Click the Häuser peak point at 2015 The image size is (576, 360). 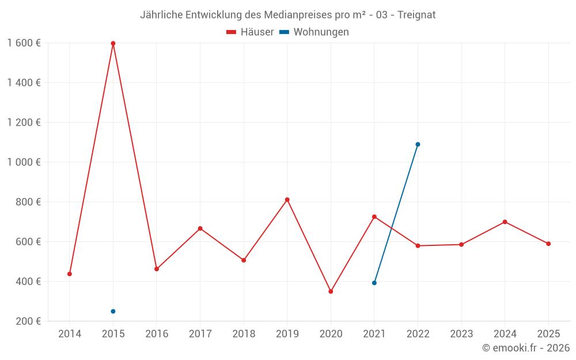pos(113,43)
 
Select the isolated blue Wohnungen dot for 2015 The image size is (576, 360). pos(113,312)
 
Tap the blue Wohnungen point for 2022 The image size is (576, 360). pos(418,145)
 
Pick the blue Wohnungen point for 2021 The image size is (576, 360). pos(374,283)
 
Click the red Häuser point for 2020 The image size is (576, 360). pos(331,291)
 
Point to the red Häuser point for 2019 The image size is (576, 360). pos(287,200)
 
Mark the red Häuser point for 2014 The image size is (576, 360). pos(70,274)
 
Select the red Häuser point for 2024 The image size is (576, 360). pos(505,222)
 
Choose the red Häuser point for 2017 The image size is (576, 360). pos(200,229)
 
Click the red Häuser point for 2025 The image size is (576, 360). pos(548,244)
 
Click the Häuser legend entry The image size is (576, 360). pos(250,32)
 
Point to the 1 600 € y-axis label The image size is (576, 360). pos(24,43)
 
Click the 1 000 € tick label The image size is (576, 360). pos(24,162)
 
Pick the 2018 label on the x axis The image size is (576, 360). pos(244,334)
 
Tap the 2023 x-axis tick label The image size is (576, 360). pos(461,334)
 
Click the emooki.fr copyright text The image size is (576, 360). pos(526,348)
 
